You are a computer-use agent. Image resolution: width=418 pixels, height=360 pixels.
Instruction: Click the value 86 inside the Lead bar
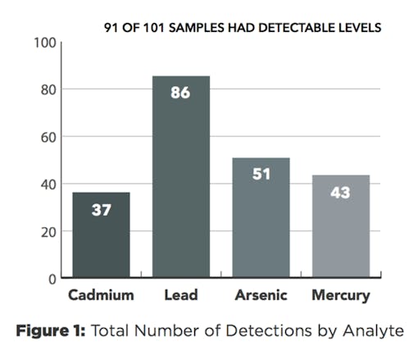(180, 93)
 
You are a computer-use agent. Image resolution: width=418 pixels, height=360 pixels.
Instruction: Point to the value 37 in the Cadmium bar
(101, 210)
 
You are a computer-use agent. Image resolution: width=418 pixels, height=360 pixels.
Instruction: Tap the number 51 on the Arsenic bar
(261, 175)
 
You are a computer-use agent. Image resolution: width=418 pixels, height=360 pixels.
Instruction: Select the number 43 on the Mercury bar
(340, 192)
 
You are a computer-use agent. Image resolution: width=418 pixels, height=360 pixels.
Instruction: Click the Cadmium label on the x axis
(100, 295)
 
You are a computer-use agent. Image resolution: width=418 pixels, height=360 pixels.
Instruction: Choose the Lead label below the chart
(180, 295)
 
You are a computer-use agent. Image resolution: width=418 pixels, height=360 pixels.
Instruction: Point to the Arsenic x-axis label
(261, 295)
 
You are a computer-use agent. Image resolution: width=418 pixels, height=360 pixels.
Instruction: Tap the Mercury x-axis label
(340, 295)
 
